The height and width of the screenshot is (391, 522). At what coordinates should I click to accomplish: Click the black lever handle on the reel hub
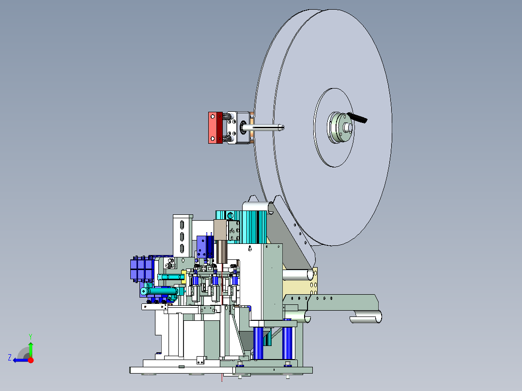click(357, 118)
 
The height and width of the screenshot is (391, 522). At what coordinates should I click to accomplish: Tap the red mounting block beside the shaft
click(215, 128)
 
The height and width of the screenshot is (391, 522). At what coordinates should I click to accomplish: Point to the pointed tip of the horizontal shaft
click(283, 127)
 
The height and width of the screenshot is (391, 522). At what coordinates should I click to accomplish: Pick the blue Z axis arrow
click(21, 360)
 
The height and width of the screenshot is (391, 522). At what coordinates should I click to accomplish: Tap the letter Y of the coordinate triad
click(31, 336)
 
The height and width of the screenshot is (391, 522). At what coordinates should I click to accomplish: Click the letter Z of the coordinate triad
click(10, 358)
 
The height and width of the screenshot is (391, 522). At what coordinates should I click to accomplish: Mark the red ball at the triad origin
click(31, 360)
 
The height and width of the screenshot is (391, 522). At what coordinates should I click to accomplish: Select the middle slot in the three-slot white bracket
click(182, 237)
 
